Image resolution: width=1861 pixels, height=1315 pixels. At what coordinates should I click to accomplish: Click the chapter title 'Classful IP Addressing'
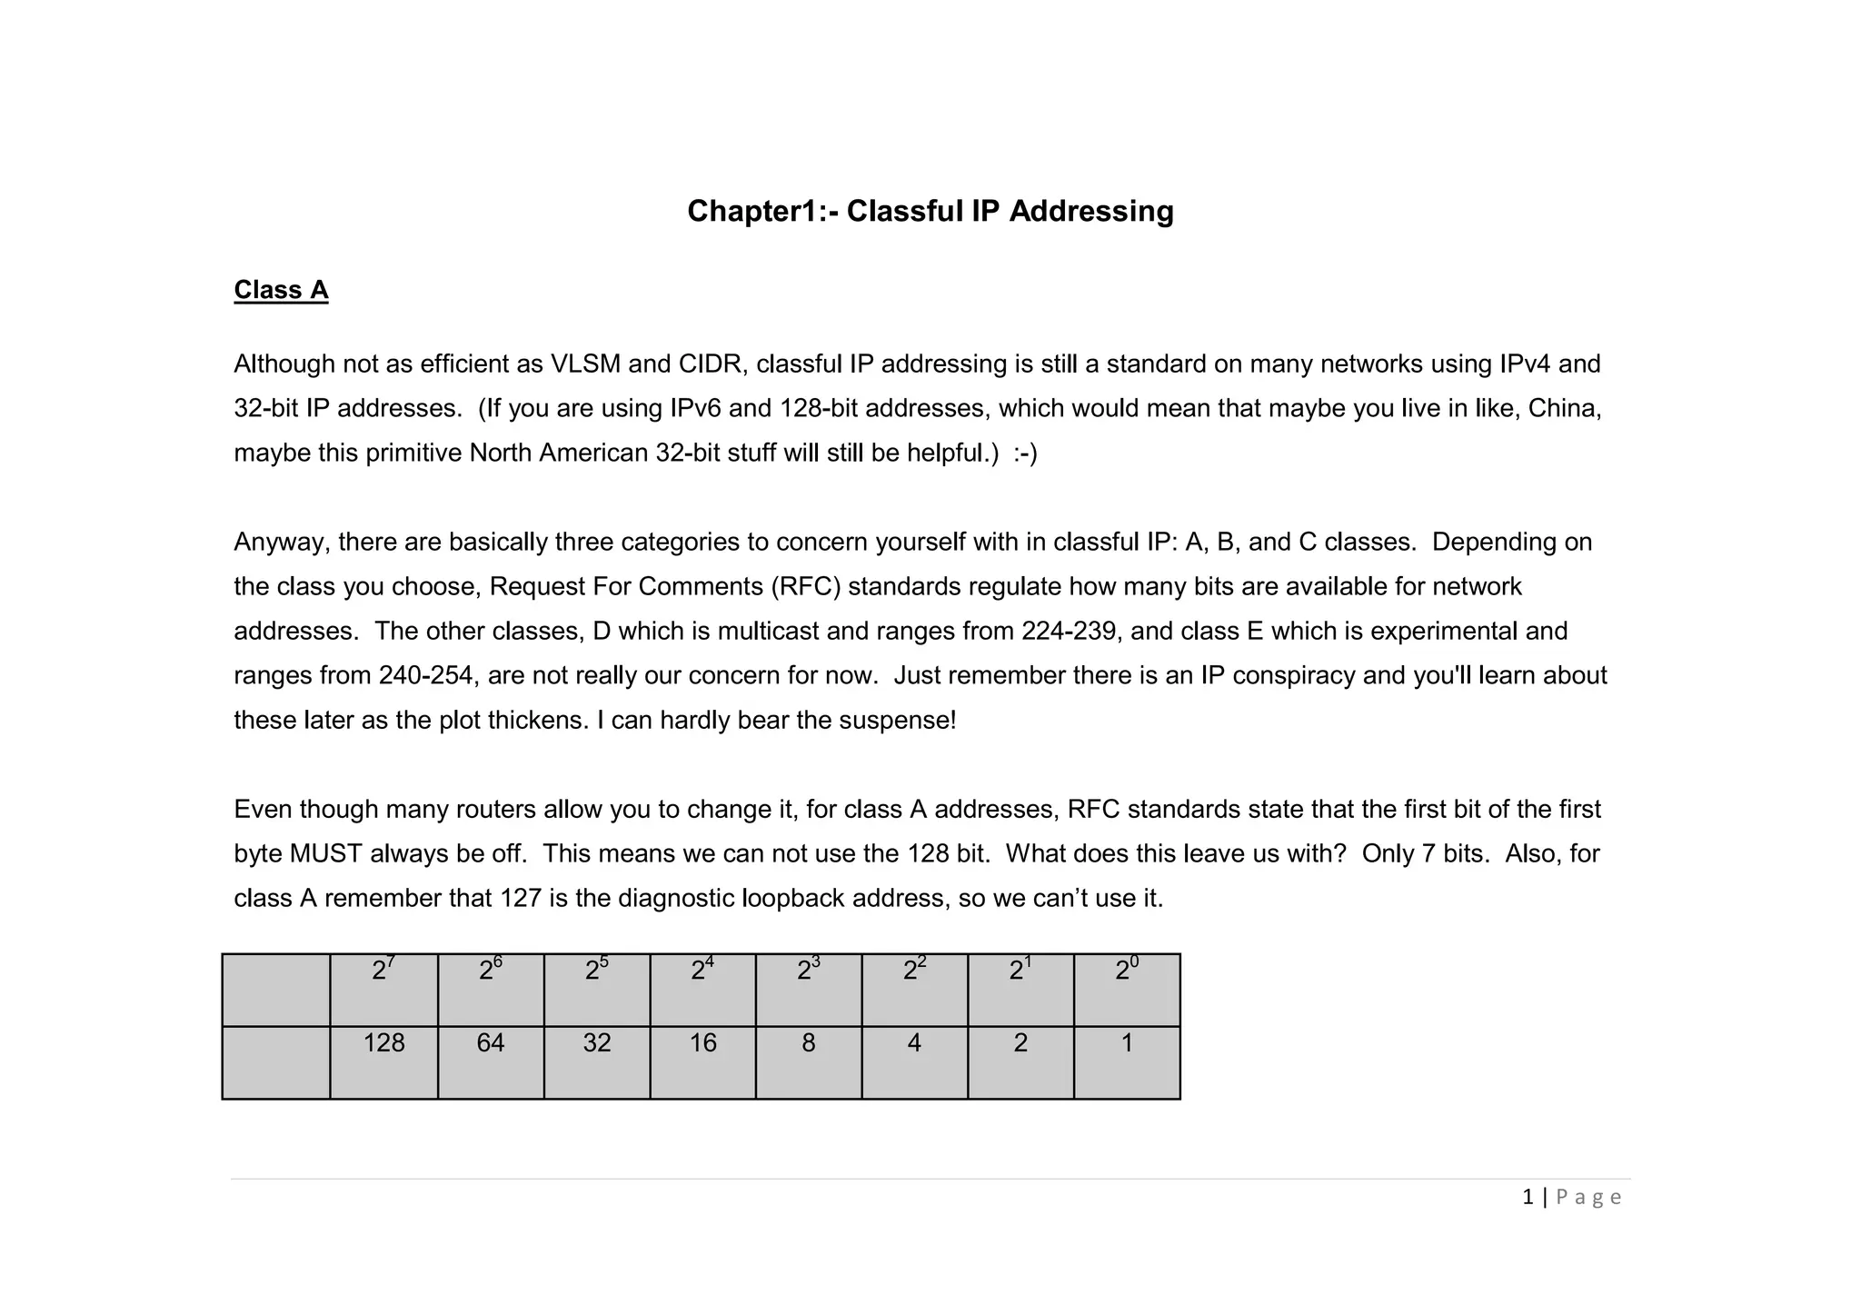click(x=930, y=211)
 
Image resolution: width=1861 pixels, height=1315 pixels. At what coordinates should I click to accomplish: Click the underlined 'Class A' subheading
click(x=281, y=290)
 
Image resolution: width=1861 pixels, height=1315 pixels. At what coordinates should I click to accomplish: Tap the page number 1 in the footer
click(x=1528, y=1197)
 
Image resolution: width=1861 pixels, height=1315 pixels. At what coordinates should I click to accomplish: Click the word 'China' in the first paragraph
click(x=1563, y=408)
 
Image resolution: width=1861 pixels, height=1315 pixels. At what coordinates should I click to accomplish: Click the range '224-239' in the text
click(x=1069, y=631)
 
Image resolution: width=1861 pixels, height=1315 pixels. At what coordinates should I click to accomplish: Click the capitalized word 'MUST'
click(x=325, y=853)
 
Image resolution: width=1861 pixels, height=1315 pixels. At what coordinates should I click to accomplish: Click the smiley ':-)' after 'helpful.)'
click(x=1025, y=453)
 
